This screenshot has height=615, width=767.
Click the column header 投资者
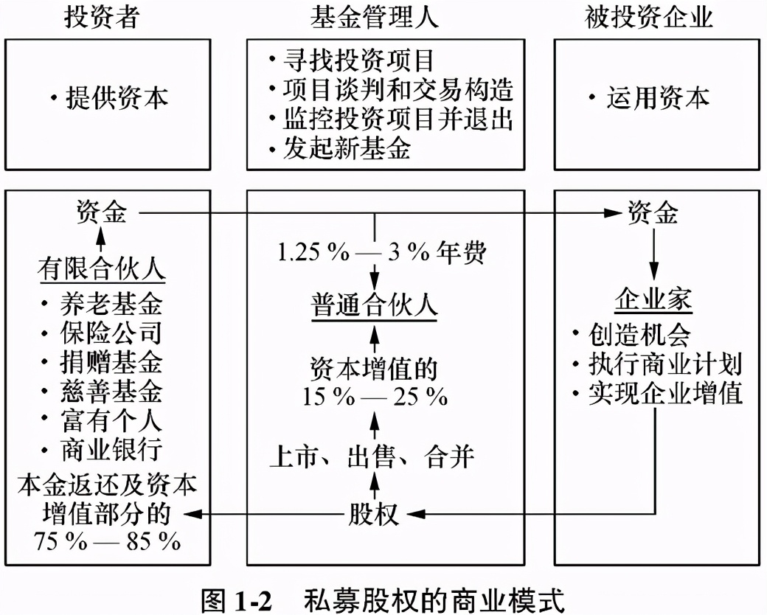(x=101, y=18)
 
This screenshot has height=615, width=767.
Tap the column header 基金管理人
(x=375, y=18)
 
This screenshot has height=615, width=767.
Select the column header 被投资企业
(x=649, y=18)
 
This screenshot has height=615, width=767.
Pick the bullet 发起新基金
(x=347, y=150)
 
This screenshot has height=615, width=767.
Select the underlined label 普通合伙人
(x=374, y=305)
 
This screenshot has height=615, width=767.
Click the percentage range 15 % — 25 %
(x=375, y=397)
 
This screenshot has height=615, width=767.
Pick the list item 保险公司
(x=111, y=333)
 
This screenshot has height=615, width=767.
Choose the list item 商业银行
(x=111, y=450)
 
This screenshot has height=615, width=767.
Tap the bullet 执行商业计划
(x=664, y=364)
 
